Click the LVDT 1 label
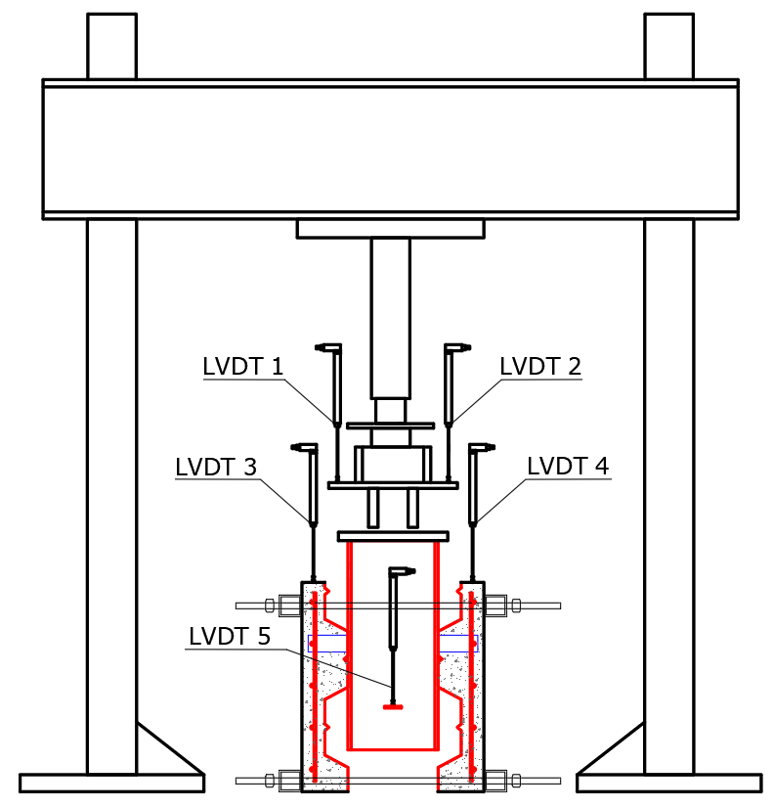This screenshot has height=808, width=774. (243, 367)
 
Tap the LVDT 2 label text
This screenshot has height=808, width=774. (540, 367)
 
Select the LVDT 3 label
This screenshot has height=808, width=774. (216, 467)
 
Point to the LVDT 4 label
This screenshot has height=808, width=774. (568, 466)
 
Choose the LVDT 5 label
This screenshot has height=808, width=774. (230, 637)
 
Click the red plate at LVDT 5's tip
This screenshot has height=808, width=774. (393, 707)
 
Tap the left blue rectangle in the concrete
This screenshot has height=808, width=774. (327, 644)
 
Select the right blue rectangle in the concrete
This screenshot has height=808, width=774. (458, 644)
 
